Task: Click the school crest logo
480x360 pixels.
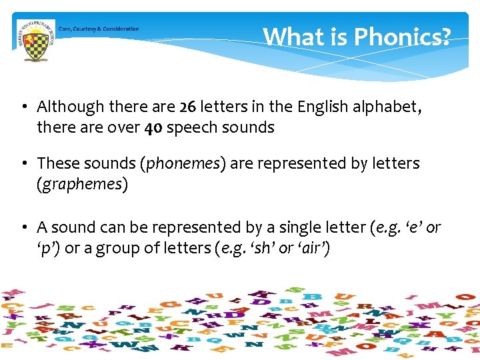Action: pos(35,39)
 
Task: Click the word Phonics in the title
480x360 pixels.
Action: pos(402,37)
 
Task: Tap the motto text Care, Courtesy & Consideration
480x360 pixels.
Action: pos(99,29)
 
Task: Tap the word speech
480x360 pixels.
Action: pos(190,128)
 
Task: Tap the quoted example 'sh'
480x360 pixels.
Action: pos(255,249)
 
